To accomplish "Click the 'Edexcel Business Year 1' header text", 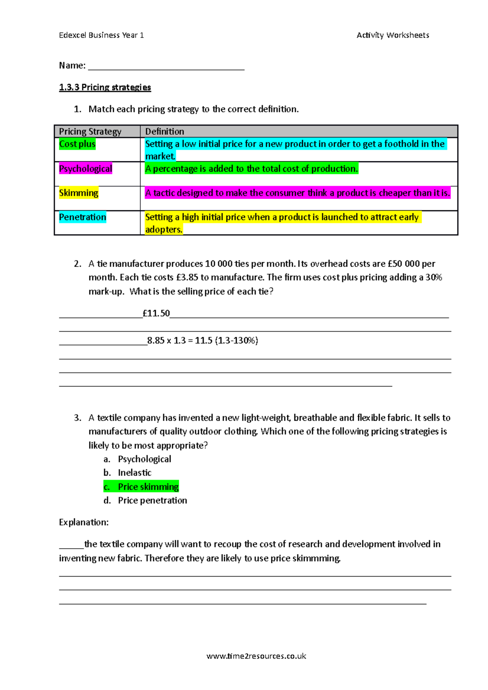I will tap(101, 35).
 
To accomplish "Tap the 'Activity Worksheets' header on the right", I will tap(392, 35).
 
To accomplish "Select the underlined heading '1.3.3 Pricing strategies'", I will tap(105, 87).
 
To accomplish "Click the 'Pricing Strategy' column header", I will tap(90, 132).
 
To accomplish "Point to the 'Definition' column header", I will tap(165, 132).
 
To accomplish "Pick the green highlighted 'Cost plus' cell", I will tap(77, 144).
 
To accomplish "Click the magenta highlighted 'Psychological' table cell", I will tap(85, 169).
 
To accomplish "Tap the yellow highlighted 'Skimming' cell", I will tap(79, 193).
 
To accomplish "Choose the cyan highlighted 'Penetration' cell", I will tap(83, 217).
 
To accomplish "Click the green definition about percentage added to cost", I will tap(251, 169).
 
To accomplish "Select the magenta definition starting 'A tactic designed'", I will tap(298, 193).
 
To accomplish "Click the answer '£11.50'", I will tap(156, 313).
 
